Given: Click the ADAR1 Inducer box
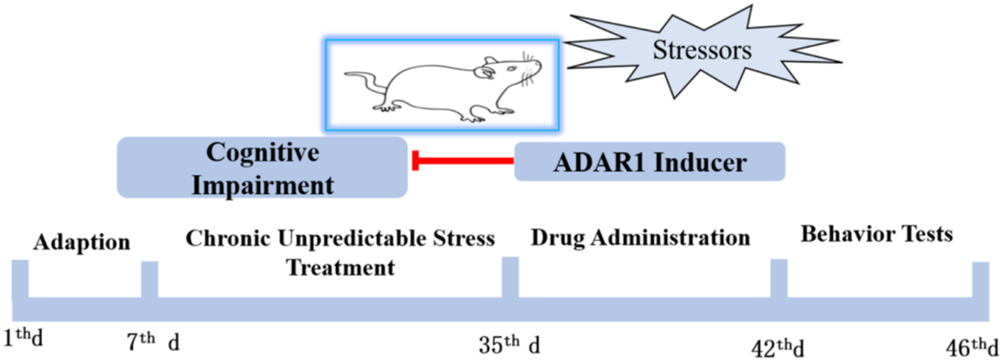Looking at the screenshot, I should tap(649, 162).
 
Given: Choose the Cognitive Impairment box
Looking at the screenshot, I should tap(261, 167).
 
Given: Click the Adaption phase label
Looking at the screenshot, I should tap(82, 242).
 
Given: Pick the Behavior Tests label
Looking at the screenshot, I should tap(876, 233).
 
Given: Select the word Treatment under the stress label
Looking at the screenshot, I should tap(340, 268).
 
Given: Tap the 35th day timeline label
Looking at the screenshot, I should tap(509, 340).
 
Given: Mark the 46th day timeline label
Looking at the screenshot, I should tap(973, 344).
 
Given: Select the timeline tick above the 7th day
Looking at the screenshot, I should tap(150, 279).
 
